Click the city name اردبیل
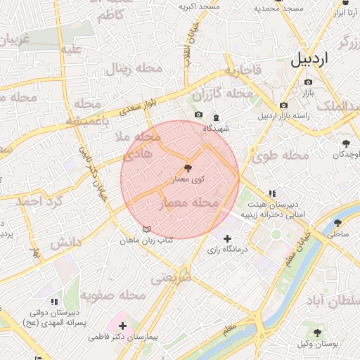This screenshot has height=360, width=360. coord(309,59)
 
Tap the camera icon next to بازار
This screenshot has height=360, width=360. coord(308,82)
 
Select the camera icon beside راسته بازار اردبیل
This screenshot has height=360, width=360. coord(283,105)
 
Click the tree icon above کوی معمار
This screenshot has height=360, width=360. coord(187,168)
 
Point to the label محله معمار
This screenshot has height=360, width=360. coord(191,203)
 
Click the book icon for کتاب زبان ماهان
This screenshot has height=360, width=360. coord(146,229)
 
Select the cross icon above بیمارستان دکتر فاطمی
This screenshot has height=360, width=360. coord(123,326)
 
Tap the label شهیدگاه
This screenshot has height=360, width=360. coord(217,129)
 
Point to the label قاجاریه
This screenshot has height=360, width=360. coord(243,71)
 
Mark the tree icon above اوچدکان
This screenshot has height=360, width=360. coord(346,143)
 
